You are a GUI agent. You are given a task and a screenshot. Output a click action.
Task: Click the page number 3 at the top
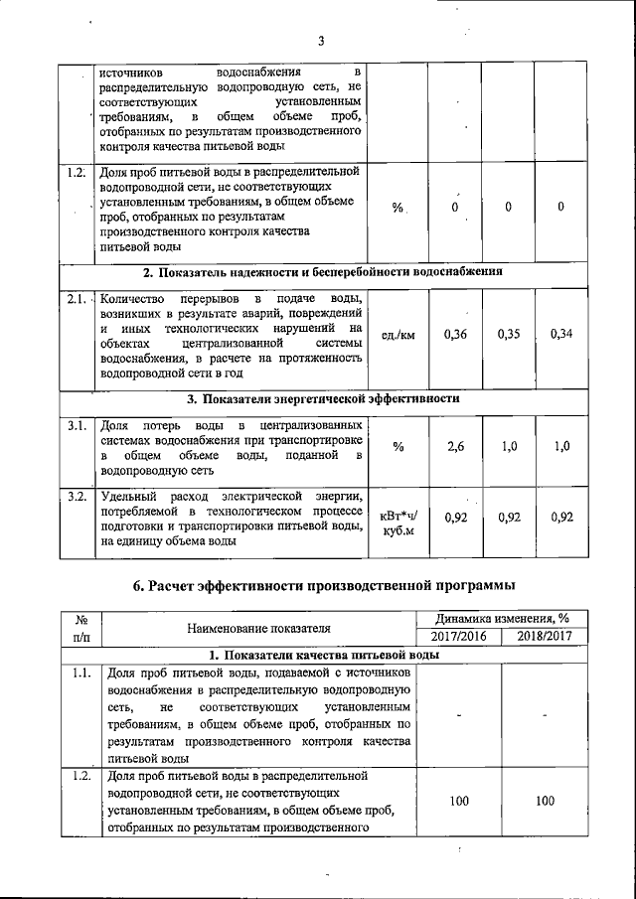pos(321,41)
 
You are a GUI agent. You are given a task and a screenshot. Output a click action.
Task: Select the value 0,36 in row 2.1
pos(455,334)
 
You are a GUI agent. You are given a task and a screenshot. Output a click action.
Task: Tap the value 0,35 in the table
pos(509,334)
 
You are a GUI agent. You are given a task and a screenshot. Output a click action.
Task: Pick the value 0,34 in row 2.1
pos(561,334)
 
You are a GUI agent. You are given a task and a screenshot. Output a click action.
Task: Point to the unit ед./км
pos(397,335)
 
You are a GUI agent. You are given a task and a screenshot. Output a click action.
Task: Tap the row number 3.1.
pos(77,426)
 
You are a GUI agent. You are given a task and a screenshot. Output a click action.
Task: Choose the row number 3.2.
pos(77,496)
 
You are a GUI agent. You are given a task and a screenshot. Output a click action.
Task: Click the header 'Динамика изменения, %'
pos(501,619)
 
